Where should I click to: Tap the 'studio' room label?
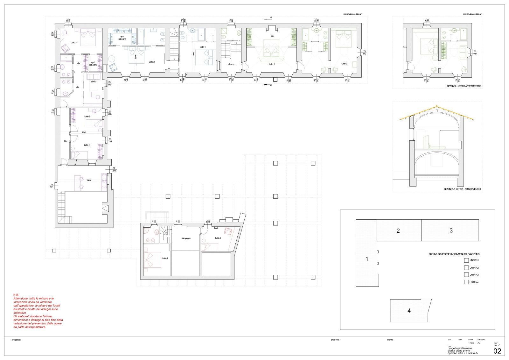(x=93, y=82)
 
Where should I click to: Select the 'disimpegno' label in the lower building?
(x=185, y=238)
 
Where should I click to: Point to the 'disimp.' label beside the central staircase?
(x=231, y=64)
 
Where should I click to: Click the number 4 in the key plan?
(x=409, y=311)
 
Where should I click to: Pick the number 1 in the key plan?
(x=367, y=259)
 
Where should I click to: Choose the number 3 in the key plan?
(x=451, y=231)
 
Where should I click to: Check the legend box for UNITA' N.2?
(x=466, y=268)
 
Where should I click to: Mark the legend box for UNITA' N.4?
(x=466, y=282)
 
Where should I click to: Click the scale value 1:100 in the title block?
(x=471, y=343)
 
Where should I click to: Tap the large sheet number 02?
(x=497, y=351)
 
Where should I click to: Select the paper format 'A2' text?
(x=479, y=343)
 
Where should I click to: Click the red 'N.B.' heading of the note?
(x=16, y=295)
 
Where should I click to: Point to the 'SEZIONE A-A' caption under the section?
(x=463, y=189)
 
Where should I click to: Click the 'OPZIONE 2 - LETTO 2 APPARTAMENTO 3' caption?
(x=464, y=86)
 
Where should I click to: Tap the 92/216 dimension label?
(x=114, y=169)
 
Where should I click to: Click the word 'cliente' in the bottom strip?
(x=390, y=340)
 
